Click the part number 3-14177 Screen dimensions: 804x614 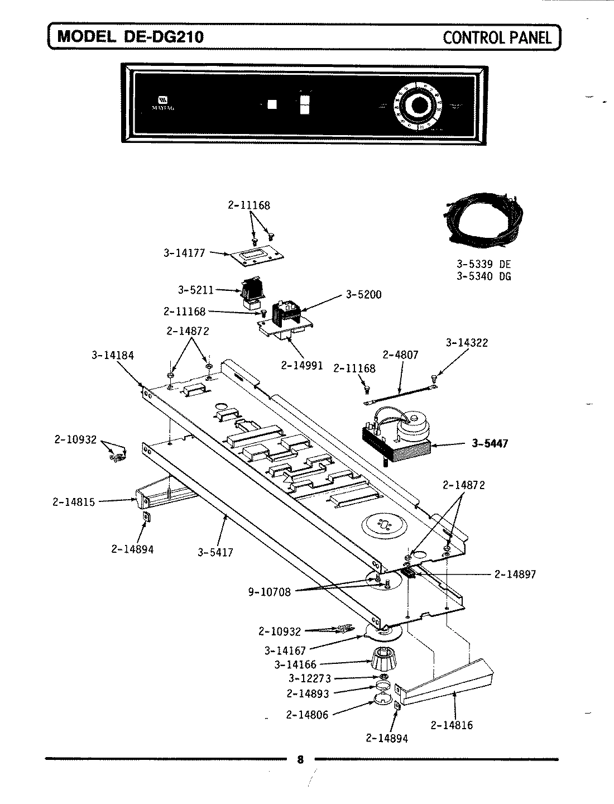pos(184,253)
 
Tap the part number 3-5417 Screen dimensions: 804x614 pos(215,553)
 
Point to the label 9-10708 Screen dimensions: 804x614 pos(269,592)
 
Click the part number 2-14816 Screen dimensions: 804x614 pos(452,725)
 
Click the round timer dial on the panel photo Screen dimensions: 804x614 pos(418,106)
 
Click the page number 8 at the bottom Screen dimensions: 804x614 pos(300,760)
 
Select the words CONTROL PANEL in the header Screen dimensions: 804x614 pos(497,37)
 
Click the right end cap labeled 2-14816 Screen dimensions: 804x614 pos(447,684)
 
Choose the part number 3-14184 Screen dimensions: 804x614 pos(112,355)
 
